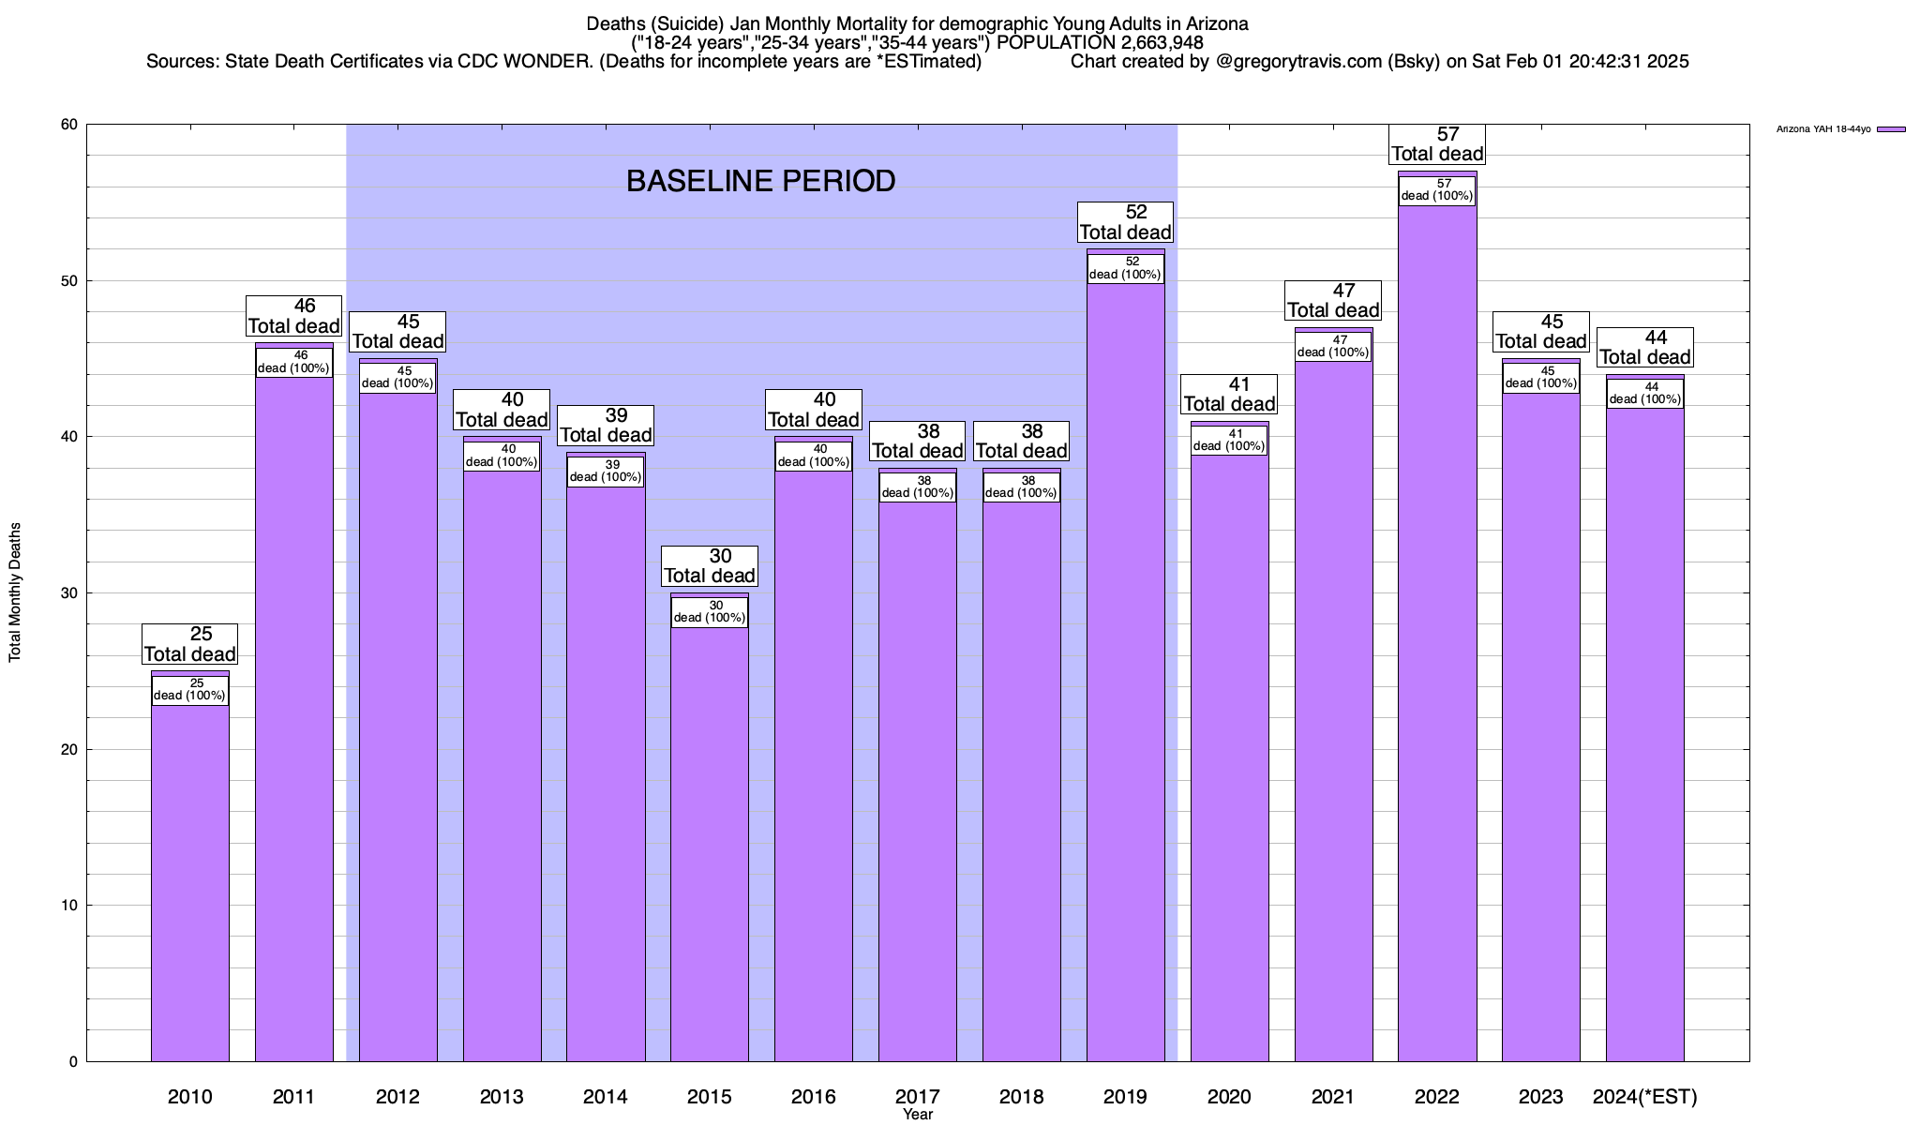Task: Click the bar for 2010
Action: (189, 881)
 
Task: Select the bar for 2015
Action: (709, 844)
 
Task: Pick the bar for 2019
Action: (1125, 675)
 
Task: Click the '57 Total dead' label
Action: (1437, 144)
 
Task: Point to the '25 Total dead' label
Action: (189, 644)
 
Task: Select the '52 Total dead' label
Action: (1125, 222)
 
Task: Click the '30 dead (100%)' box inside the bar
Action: (709, 611)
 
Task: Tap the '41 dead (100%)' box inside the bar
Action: (1229, 440)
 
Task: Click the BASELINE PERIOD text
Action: (760, 181)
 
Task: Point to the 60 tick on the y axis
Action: (69, 125)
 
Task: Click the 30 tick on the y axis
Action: (69, 593)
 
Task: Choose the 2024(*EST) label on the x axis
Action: (1645, 1096)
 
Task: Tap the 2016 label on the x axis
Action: (813, 1096)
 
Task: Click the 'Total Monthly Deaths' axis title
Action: (15, 592)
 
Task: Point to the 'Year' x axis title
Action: (918, 1115)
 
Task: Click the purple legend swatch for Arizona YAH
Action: (1891, 129)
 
